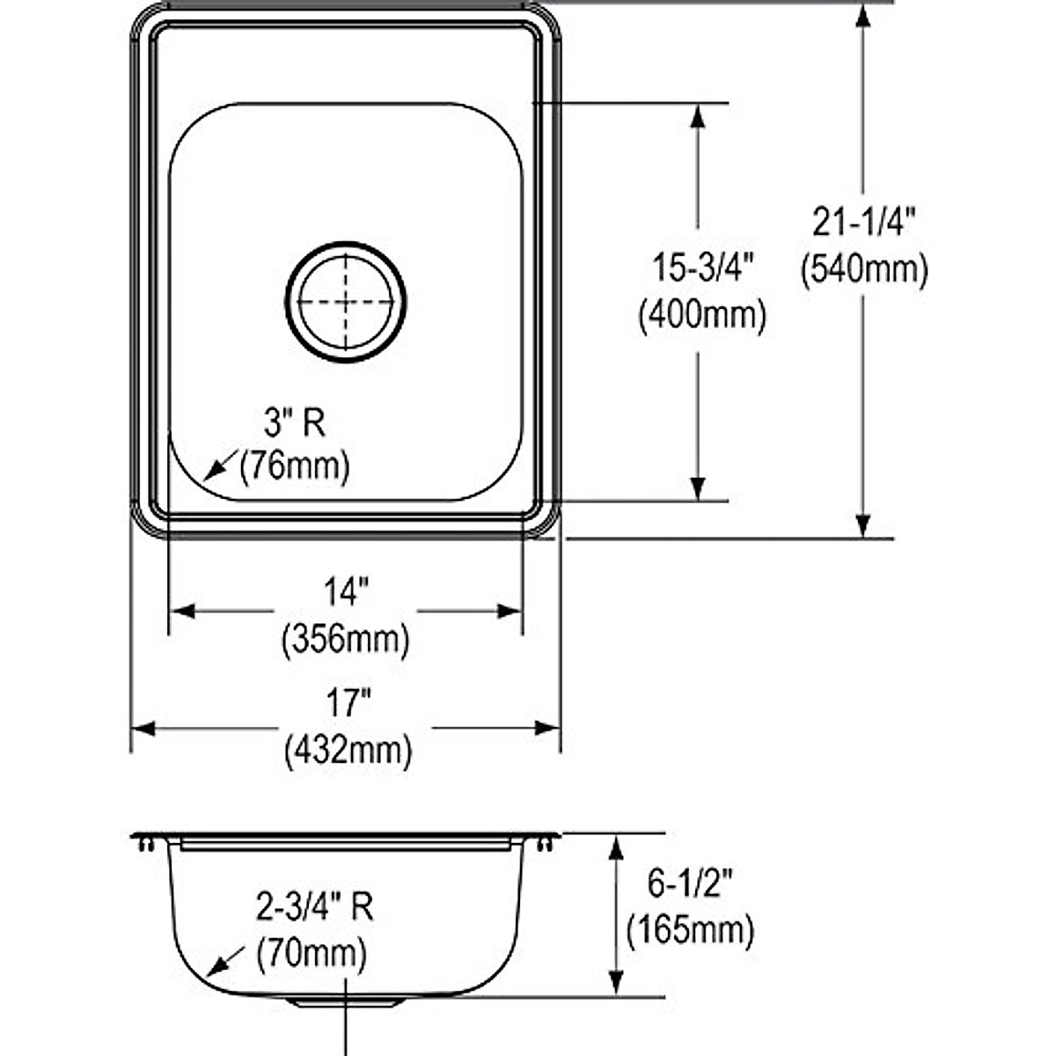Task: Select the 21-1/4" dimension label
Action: (863, 222)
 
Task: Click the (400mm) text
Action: (702, 316)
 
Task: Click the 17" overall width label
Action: (348, 703)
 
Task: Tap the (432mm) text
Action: (348, 751)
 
